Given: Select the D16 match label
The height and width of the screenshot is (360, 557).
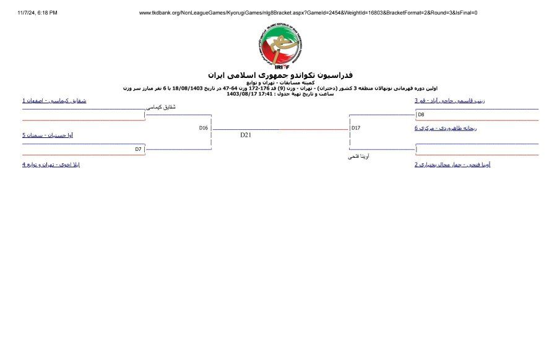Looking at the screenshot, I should pyautogui.click(x=203, y=128).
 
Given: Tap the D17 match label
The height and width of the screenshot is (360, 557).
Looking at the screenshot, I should pyautogui.click(x=355, y=128).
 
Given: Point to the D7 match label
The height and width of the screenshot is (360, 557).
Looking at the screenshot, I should pyautogui.click(x=139, y=149).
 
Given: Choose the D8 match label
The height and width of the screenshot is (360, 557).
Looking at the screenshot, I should pyautogui.click(x=421, y=114).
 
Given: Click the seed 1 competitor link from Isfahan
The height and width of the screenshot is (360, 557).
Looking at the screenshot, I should pyautogui.click(x=54, y=100).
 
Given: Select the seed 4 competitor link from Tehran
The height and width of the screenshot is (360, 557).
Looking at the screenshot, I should pyautogui.click(x=51, y=165).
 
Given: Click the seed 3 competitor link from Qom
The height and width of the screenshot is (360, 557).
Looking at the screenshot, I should pyautogui.click(x=449, y=100).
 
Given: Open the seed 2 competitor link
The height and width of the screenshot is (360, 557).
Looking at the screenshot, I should pyautogui.click(x=453, y=165).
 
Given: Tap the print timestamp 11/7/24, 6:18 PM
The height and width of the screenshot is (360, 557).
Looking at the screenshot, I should pyautogui.click(x=37, y=12).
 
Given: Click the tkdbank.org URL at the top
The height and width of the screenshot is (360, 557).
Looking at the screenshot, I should pyautogui.click(x=308, y=12).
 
